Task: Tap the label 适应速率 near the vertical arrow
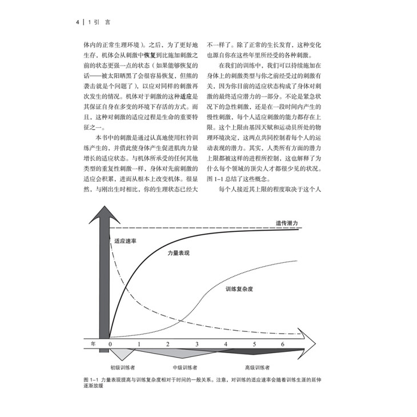[125, 241]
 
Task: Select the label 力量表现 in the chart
[179, 252]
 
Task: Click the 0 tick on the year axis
[110, 344]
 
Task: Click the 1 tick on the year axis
[139, 344]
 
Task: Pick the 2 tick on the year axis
[168, 344]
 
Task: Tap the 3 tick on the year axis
[197, 344]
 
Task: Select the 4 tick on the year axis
[226, 344]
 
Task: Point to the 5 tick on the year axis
[254, 344]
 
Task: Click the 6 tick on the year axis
[283, 344]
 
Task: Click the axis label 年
[94, 343]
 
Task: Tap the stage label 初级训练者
[123, 367]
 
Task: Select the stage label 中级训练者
[185, 367]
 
